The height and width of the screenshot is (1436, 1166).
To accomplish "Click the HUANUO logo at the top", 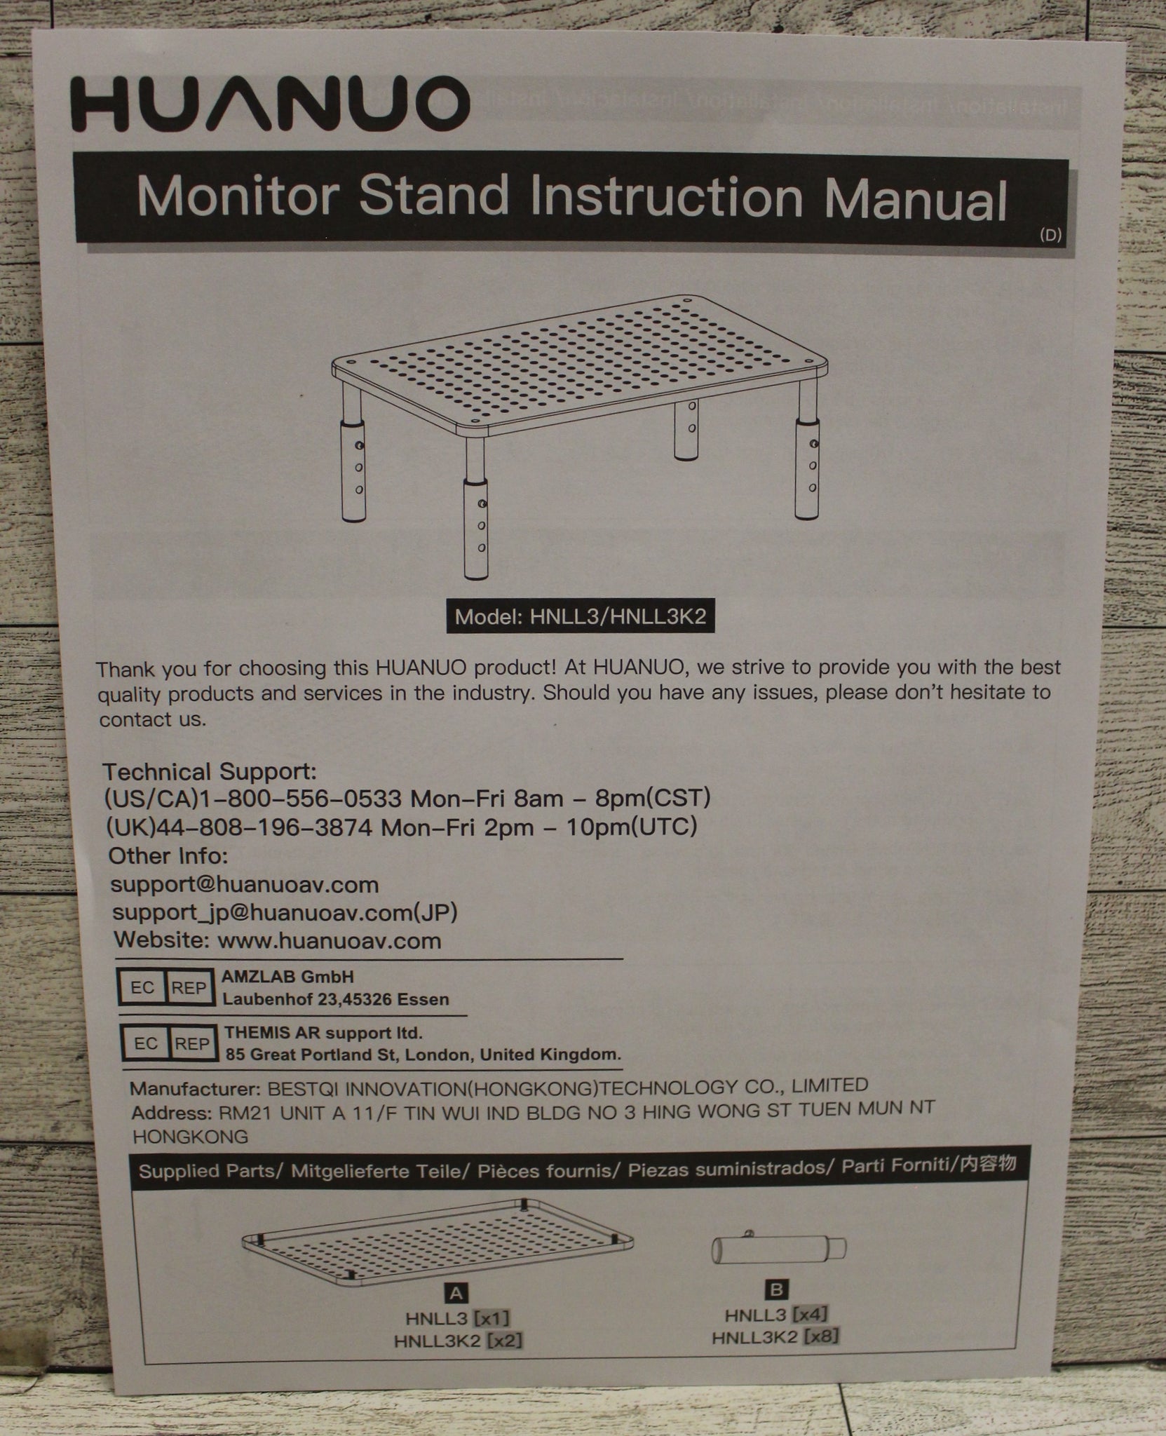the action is pos(270,104).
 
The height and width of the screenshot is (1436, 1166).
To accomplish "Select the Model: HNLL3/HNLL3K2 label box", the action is pos(580,617).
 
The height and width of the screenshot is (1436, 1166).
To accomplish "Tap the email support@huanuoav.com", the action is pos(245,884).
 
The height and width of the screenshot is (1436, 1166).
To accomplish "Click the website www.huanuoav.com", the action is pos(330,940).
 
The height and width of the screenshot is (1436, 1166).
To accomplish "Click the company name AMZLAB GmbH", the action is pos(288,976).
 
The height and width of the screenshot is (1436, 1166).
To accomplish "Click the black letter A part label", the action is pos(456,1292).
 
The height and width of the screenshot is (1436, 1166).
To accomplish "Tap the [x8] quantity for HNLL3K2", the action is pos(821,1338).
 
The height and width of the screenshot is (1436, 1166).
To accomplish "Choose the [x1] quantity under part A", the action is pos(492,1318).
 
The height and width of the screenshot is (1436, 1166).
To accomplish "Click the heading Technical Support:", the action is pos(210,772).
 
